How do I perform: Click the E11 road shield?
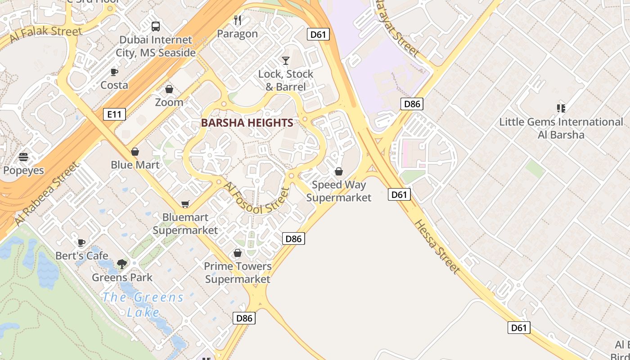(114, 114)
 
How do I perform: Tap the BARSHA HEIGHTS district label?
(247, 122)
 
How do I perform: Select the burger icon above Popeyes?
(23, 157)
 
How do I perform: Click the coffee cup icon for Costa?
(114, 72)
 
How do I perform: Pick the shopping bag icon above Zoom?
(169, 89)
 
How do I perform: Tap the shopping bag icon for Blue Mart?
(135, 152)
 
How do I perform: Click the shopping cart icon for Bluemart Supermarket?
(185, 204)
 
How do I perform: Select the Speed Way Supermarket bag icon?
(339, 171)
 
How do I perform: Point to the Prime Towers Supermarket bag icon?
(238, 253)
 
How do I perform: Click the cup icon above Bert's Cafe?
(81, 243)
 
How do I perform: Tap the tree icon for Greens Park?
(122, 264)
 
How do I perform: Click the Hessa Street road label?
(437, 247)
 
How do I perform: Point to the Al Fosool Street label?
(255, 198)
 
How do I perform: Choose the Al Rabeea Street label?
(46, 194)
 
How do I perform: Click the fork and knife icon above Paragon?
(238, 20)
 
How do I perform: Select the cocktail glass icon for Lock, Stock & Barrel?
(286, 60)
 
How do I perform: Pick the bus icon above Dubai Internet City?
(156, 27)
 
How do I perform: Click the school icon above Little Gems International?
(561, 108)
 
